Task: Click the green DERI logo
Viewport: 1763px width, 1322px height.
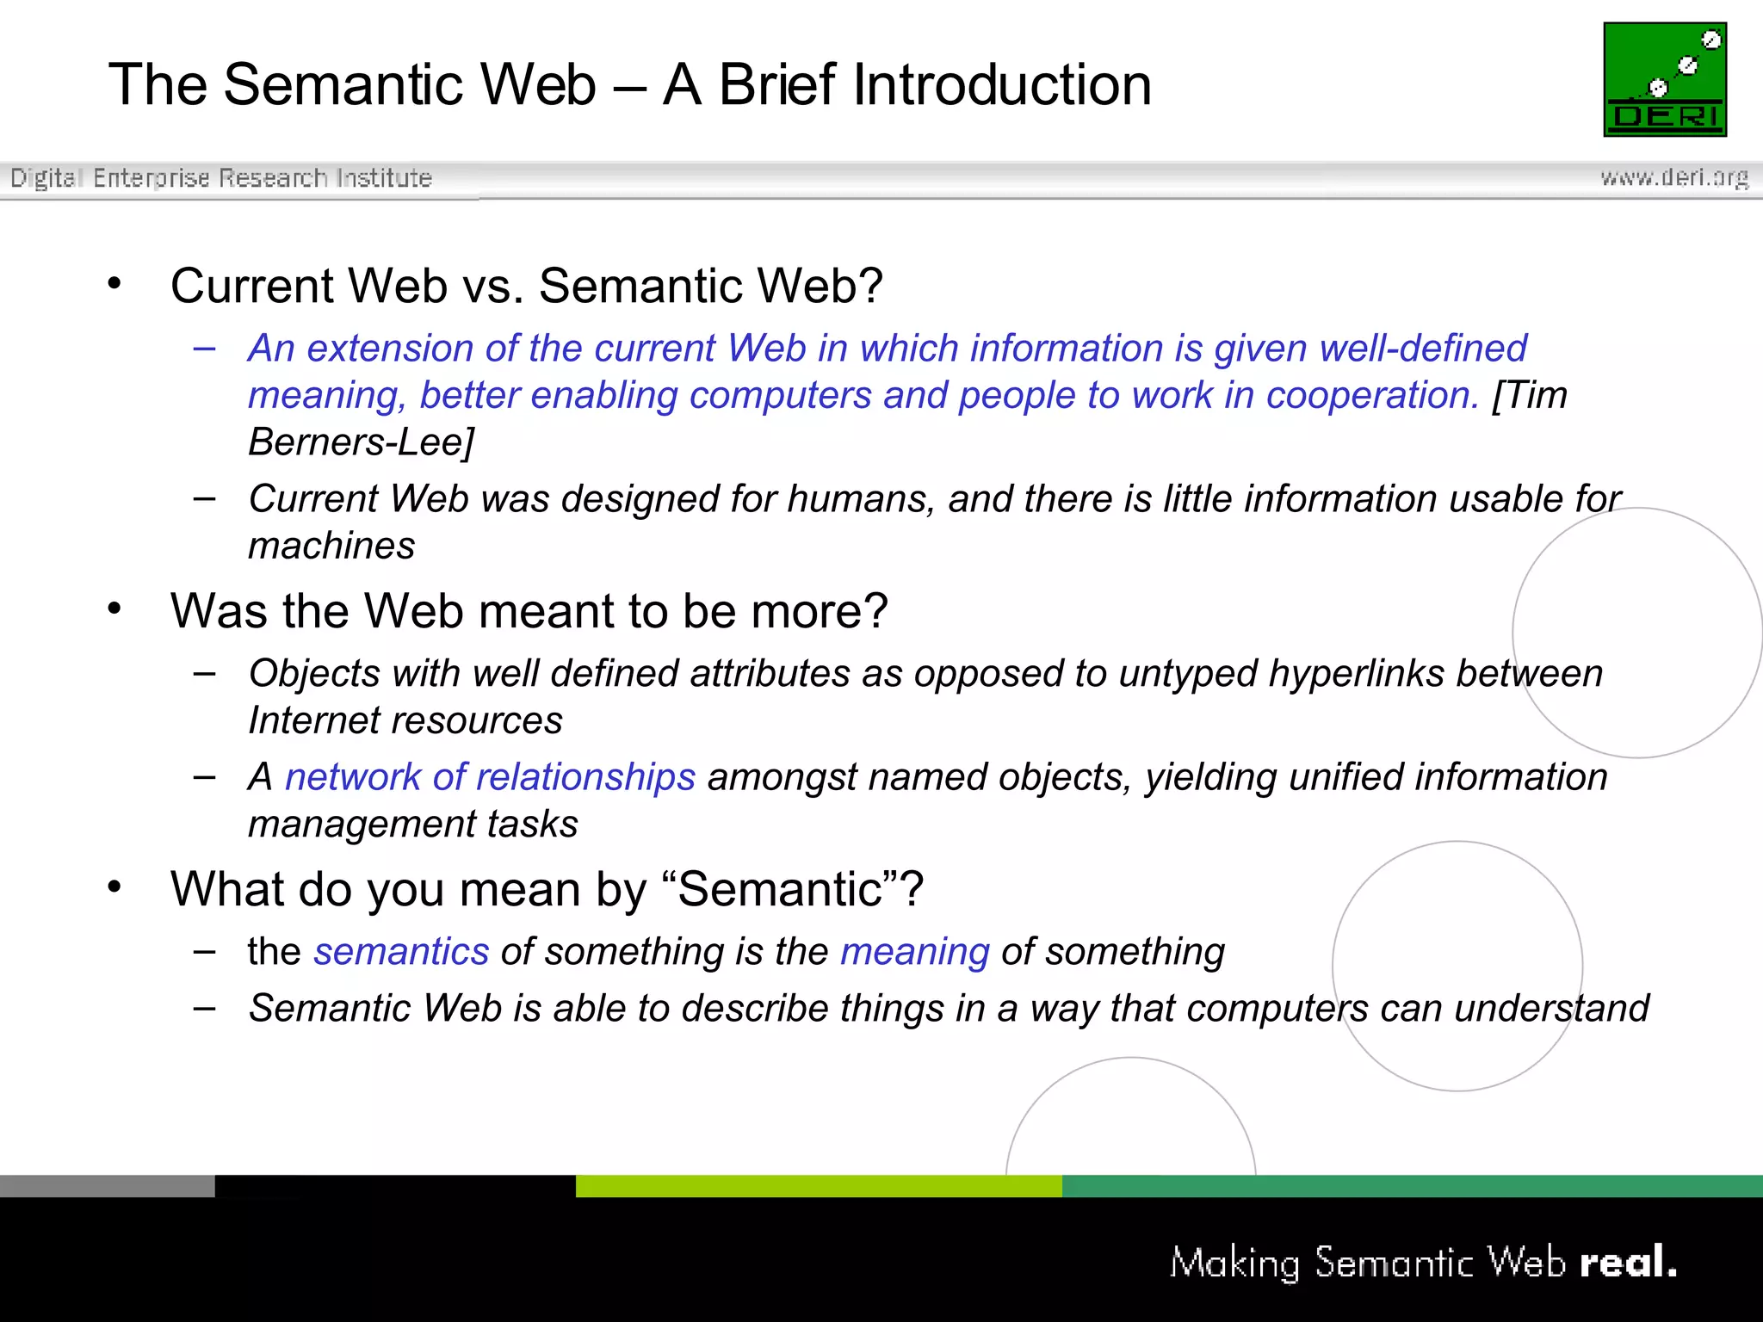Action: [x=1665, y=79]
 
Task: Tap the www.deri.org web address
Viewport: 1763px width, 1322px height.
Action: [x=1673, y=177]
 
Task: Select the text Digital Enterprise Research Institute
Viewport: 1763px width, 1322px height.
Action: [x=220, y=177]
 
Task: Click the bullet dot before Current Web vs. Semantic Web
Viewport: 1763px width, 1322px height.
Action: [x=114, y=283]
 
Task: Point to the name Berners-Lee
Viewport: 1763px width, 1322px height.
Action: [x=361, y=442]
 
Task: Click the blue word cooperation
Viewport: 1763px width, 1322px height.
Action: [x=1372, y=396]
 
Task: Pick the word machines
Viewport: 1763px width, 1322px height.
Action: [x=331, y=547]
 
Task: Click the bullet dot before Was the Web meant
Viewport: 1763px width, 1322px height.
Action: [x=114, y=608]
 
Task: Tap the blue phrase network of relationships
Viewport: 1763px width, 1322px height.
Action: [x=490, y=777]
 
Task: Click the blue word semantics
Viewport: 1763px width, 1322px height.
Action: [x=401, y=952]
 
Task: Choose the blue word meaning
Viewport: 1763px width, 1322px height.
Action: [x=915, y=952]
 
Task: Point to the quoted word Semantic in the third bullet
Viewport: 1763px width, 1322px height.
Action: [x=781, y=889]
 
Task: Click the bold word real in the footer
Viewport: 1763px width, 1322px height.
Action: [x=1626, y=1263]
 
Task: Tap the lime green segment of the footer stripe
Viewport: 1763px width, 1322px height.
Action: [x=818, y=1186]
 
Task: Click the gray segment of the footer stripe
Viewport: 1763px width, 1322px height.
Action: [x=107, y=1186]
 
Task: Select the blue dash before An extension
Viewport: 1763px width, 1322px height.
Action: [x=205, y=349]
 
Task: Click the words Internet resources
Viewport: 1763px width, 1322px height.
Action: [x=405, y=721]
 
